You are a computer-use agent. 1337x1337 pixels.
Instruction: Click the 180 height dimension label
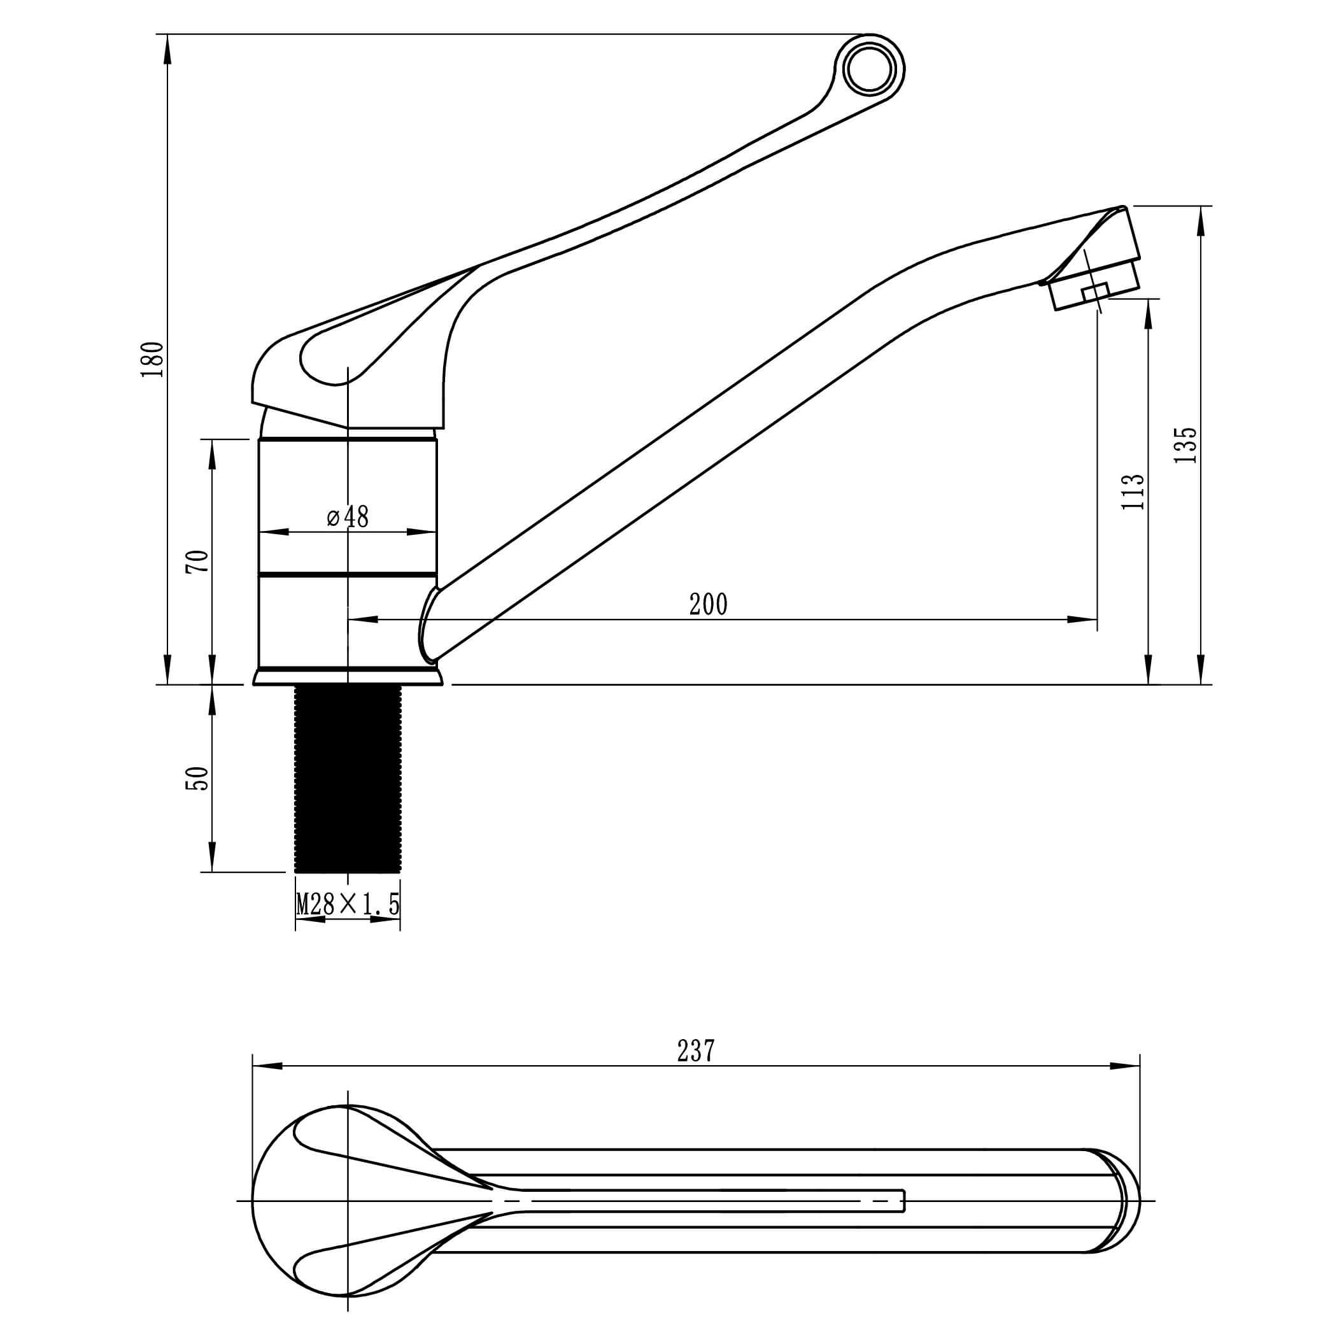[152, 359]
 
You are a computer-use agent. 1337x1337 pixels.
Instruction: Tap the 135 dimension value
[1185, 445]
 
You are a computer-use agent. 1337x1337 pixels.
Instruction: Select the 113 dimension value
[1132, 492]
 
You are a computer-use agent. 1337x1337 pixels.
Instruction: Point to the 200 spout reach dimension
[708, 605]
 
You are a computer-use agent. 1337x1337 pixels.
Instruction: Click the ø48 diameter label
[348, 516]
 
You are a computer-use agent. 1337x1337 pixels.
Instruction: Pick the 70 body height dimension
[197, 560]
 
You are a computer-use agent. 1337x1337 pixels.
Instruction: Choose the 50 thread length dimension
[197, 778]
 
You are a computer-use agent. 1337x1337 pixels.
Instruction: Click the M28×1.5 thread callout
[348, 905]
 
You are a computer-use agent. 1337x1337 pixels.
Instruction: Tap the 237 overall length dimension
[695, 1051]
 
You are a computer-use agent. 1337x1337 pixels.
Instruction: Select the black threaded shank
[348, 778]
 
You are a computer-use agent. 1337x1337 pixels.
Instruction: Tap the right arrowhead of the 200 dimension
[1084, 619]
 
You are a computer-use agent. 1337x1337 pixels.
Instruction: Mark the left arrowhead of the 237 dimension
[266, 1066]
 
